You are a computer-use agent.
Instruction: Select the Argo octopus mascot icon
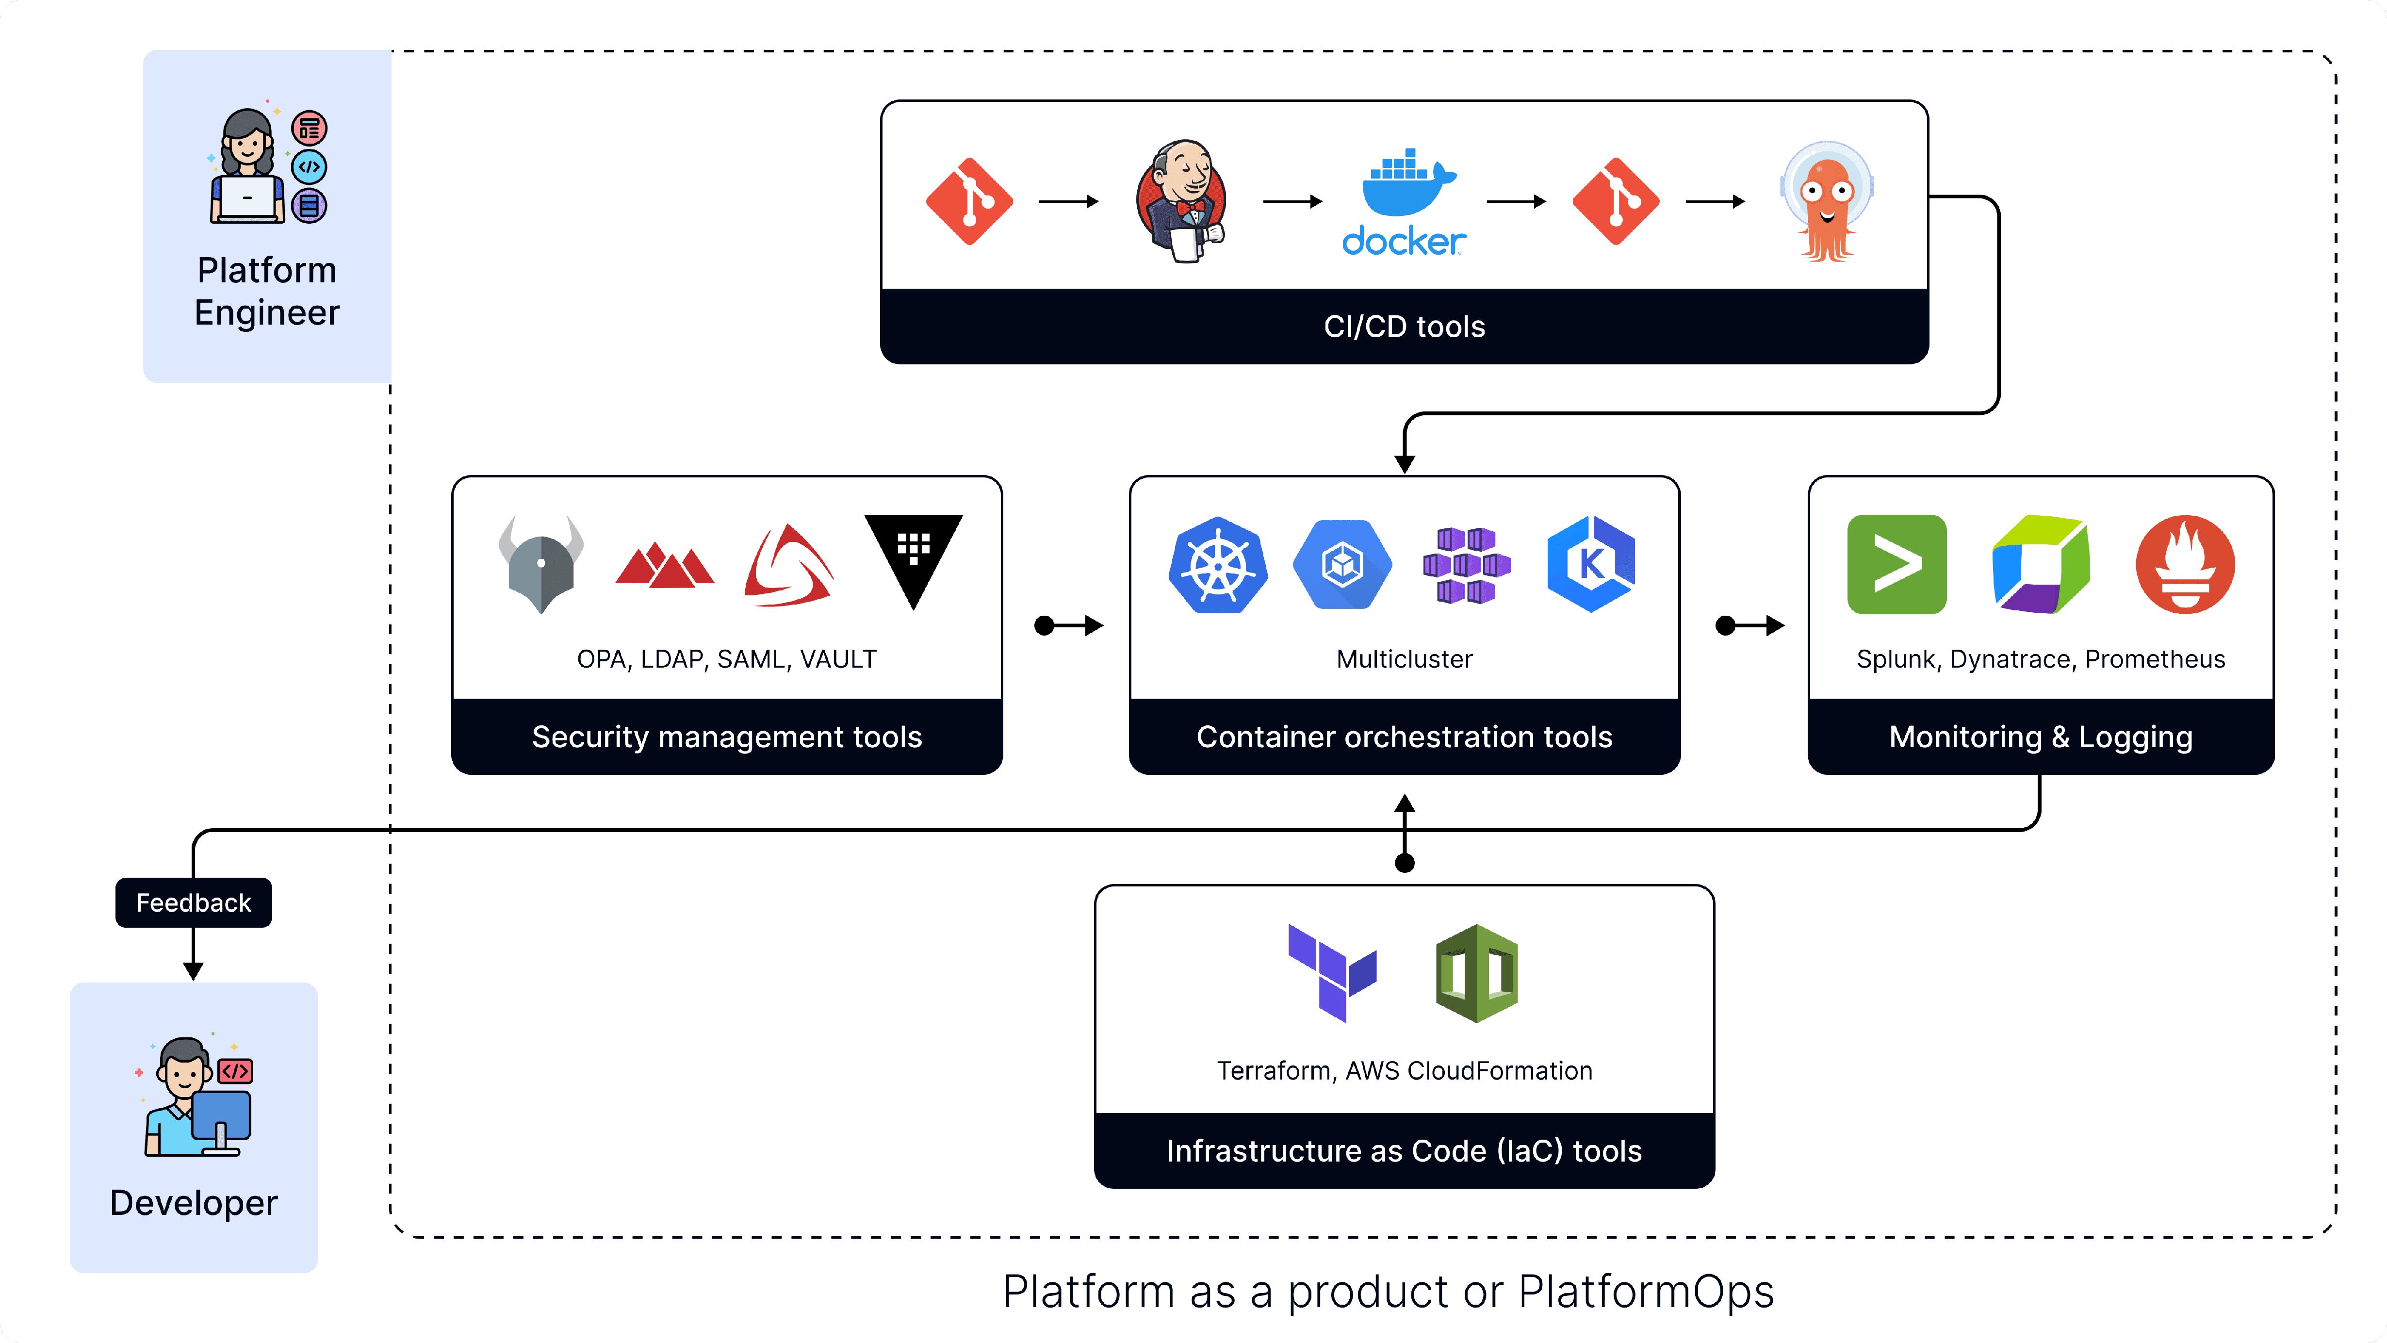click(x=1826, y=201)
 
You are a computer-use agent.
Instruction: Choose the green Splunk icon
click(x=1896, y=564)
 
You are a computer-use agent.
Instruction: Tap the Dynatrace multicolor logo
click(x=2041, y=564)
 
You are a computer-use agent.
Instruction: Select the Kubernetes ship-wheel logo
click(x=1218, y=564)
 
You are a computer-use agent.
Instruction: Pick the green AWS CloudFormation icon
click(x=1476, y=972)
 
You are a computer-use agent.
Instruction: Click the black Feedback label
click(x=194, y=903)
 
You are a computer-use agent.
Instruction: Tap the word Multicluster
click(x=1404, y=659)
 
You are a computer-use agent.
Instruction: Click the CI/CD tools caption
click(x=1404, y=326)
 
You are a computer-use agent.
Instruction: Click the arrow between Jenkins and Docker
click(x=1292, y=201)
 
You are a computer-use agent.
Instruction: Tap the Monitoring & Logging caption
click(x=2041, y=737)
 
